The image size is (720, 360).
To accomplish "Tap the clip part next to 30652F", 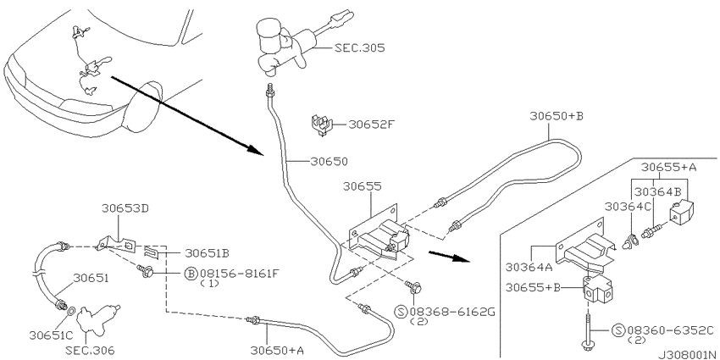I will (x=319, y=125).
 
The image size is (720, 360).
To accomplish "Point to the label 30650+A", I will (x=277, y=349).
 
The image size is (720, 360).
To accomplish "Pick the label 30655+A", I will (x=668, y=167).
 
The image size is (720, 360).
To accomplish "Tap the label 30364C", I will (x=628, y=206).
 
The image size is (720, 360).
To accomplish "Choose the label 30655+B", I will (x=534, y=287).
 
